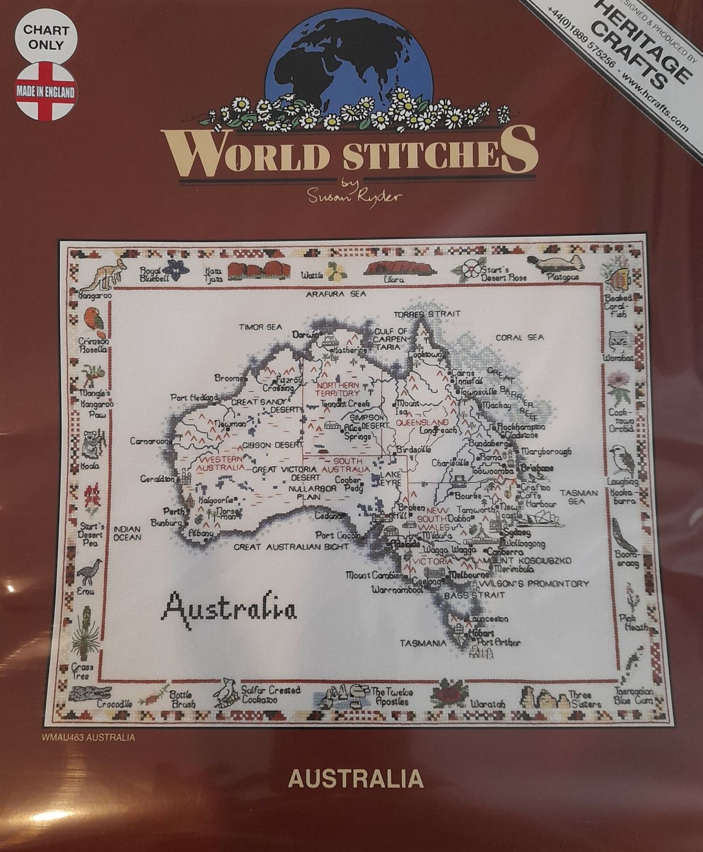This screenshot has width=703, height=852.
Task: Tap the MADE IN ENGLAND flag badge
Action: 45,91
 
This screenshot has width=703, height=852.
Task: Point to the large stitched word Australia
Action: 229,608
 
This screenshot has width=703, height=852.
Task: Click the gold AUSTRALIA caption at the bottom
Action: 356,778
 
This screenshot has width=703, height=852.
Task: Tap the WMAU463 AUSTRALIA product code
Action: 88,738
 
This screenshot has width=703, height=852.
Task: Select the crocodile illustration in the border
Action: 90,694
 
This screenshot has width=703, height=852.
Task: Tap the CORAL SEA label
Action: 519,337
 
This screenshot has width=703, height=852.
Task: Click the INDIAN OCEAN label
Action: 127,532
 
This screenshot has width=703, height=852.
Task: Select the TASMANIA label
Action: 422,644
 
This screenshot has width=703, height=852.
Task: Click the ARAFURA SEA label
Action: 335,294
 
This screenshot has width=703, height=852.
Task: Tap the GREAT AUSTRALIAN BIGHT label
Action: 292,547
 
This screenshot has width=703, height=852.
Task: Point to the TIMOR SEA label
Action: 260,327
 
